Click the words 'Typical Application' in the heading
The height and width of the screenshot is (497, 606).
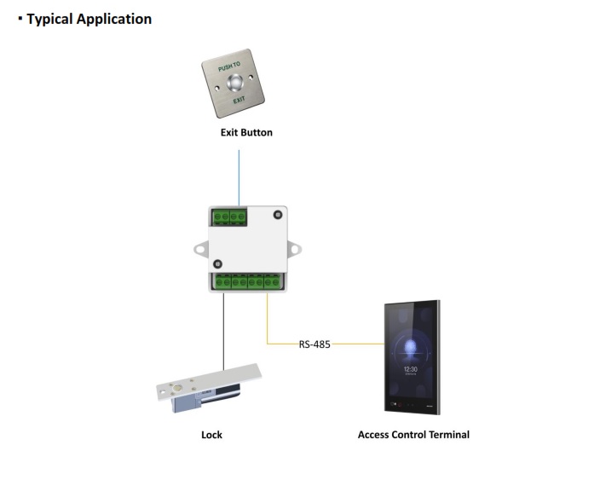point(89,19)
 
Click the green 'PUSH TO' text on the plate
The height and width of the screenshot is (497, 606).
point(229,66)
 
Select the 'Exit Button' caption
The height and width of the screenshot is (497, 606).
point(246,133)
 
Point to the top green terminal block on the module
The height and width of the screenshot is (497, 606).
point(228,217)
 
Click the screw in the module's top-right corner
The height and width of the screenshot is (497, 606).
point(276,216)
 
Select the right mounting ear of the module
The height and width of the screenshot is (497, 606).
point(293,249)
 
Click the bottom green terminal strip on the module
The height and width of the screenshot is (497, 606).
point(247,281)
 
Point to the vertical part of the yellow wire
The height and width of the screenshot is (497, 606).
point(268,320)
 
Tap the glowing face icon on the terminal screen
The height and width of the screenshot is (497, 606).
point(412,345)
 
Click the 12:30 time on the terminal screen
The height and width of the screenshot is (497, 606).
point(412,367)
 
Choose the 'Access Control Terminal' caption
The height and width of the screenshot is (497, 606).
point(413,435)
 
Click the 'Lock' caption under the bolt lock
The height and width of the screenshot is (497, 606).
point(211,435)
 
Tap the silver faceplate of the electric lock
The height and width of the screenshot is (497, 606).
point(213,380)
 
